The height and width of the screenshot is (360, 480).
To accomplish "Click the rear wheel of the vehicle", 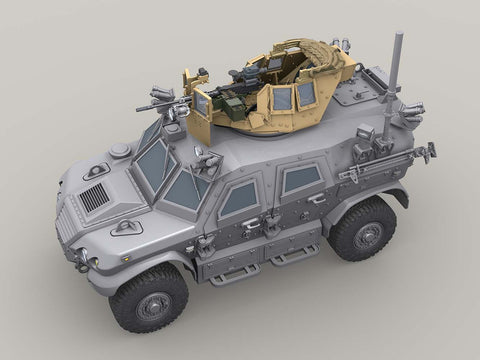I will (361, 228).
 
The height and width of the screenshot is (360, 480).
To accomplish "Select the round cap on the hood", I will (121, 151).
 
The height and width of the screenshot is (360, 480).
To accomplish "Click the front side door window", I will (239, 198).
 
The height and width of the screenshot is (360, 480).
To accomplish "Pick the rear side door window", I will (301, 179).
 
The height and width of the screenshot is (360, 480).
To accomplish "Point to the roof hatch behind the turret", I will (356, 94).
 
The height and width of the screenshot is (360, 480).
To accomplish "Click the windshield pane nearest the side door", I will (186, 188).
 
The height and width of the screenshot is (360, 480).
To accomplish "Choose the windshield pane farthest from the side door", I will (153, 163).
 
